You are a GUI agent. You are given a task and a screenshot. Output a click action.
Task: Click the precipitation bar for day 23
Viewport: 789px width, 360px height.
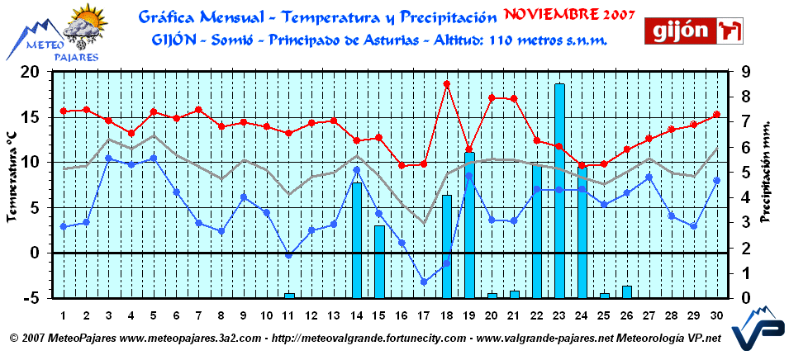coord(559,190)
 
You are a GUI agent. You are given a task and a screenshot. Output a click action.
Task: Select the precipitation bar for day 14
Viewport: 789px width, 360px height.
coord(357,239)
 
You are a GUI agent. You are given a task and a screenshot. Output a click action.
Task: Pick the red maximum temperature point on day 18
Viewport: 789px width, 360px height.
coord(447,83)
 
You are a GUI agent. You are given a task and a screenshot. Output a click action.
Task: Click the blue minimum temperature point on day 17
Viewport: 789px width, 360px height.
coord(425,282)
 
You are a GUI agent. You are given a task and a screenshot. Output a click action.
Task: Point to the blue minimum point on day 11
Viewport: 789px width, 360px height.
coord(289,255)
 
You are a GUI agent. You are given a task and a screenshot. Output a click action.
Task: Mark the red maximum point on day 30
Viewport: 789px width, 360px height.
coord(716,115)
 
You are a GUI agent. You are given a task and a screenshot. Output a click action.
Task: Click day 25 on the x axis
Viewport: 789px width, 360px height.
coord(604,315)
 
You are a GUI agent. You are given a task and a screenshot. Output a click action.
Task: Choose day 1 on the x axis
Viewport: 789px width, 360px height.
coord(64,315)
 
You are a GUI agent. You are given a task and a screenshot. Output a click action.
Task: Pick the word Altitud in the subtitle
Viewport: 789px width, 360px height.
coord(459,39)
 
